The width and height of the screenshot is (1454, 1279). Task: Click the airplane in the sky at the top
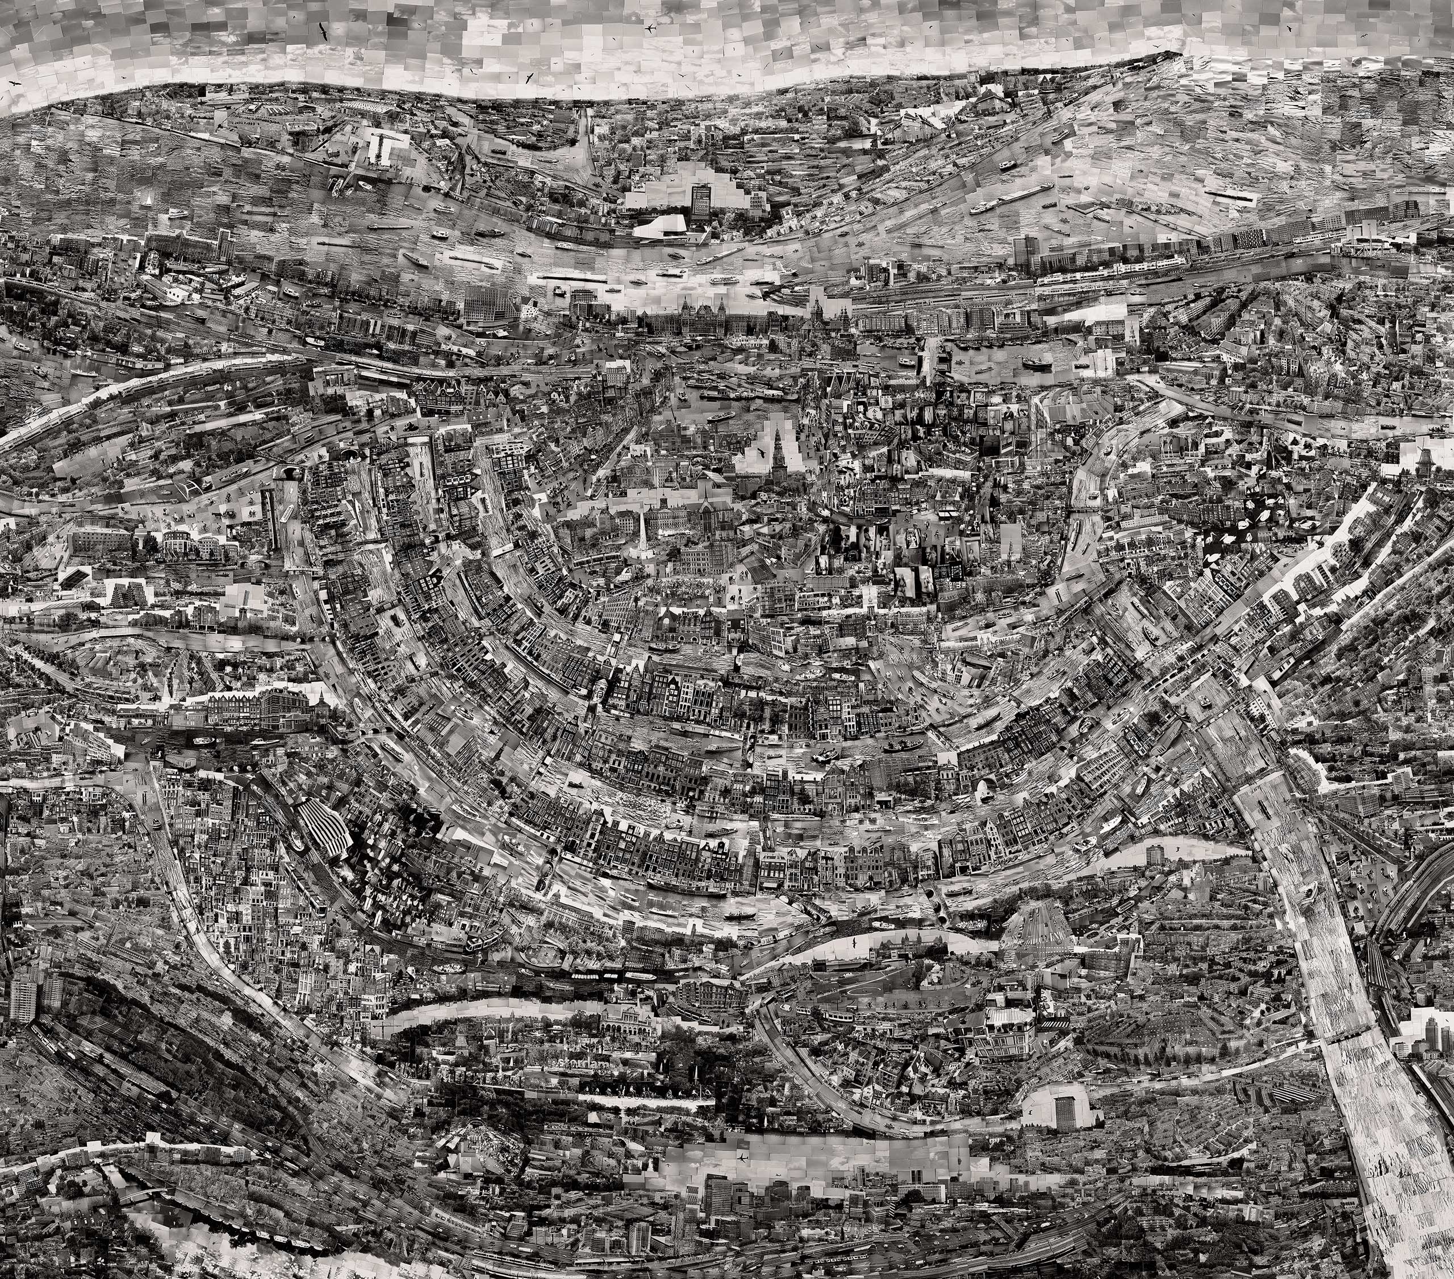click(649, 28)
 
